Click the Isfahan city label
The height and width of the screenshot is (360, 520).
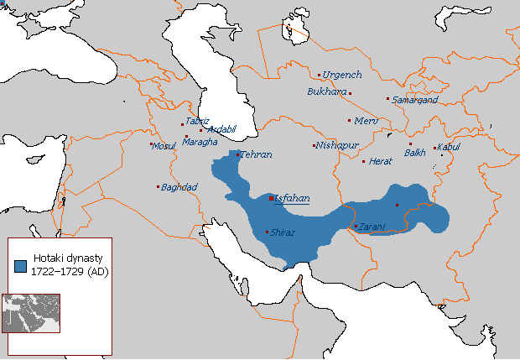click(x=292, y=199)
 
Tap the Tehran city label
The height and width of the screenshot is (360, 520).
click(x=257, y=155)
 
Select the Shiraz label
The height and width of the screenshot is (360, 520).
click(x=283, y=232)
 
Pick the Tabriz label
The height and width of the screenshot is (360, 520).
click(x=198, y=121)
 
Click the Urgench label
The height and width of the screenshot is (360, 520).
click(x=341, y=75)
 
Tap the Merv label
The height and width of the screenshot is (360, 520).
click(x=367, y=121)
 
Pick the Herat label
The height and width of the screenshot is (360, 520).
click(x=381, y=161)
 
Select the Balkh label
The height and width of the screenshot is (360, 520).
click(x=415, y=153)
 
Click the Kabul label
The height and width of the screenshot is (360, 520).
click(x=450, y=148)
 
